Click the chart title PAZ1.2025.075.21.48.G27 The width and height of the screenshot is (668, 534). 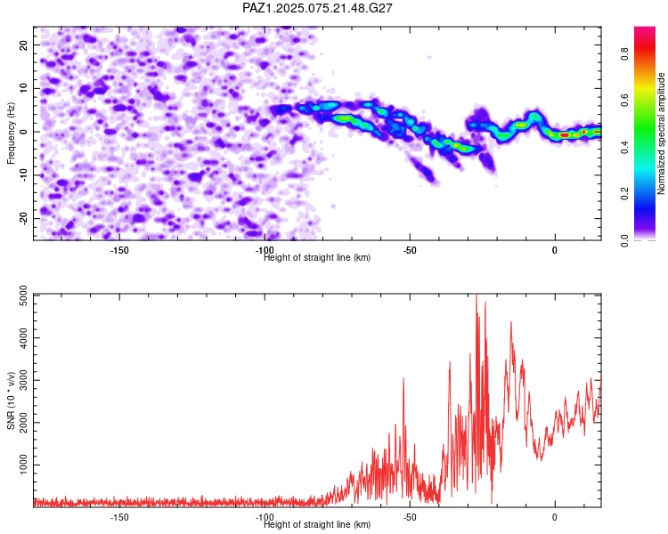tap(317, 8)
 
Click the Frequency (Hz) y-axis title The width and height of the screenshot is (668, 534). tap(11, 133)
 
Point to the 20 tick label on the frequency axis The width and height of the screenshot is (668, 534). tap(24, 44)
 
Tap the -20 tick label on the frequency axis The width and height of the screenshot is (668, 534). tap(24, 218)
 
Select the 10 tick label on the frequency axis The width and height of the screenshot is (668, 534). tap(24, 88)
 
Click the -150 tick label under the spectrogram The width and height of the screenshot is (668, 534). tap(119, 250)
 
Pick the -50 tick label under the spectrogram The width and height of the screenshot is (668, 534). tap(410, 250)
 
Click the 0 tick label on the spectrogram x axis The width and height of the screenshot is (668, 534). tap(555, 250)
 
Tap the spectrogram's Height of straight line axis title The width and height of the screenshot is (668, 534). tap(317, 257)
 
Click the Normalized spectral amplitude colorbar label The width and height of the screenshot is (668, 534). tap(661, 133)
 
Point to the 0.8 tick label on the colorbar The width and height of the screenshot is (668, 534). tap(625, 54)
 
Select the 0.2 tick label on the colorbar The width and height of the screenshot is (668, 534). tap(625, 193)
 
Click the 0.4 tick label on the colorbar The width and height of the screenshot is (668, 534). tap(625, 147)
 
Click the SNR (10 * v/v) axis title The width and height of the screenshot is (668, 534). tap(11, 400)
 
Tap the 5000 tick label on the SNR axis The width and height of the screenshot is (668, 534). tap(24, 295)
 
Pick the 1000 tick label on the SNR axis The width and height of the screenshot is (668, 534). tap(24, 465)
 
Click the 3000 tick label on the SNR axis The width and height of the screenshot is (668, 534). tap(24, 380)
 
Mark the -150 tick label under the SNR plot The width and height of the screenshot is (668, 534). tap(119, 517)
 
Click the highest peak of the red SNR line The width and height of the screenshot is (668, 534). tap(477, 295)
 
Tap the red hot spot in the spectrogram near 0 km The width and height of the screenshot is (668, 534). tap(564, 134)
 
